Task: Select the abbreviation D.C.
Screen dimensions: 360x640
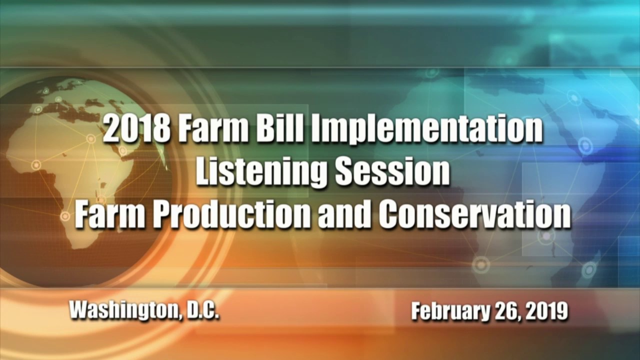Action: point(202,310)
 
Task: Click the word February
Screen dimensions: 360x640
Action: point(450,311)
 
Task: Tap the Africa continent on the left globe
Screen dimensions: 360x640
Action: point(75,165)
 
